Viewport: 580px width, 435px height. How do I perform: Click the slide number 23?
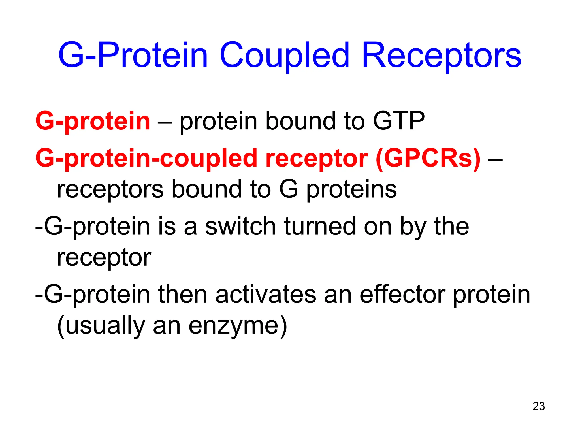539,406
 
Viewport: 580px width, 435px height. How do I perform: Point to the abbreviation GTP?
399,121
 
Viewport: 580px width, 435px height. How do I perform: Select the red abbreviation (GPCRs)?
428,158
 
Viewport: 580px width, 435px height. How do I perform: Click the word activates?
265,295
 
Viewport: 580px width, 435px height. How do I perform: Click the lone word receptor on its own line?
104,258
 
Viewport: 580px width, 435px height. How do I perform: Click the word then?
183,295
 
